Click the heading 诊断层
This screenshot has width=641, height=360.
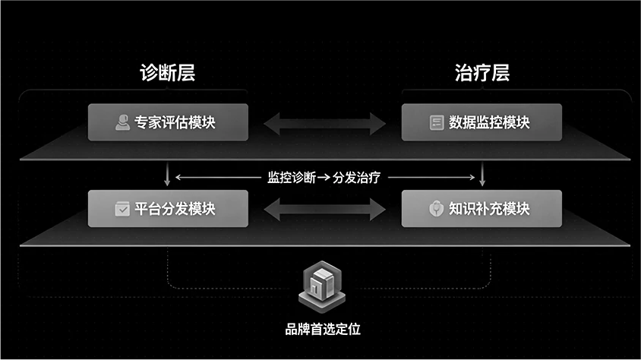tap(167, 74)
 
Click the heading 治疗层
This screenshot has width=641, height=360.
tap(482, 74)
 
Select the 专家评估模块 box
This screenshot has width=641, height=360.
tap(168, 122)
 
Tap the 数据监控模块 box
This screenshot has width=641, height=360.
tap(482, 122)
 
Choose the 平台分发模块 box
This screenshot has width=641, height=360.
tap(168, 208)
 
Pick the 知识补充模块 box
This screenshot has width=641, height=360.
tap(482, 208)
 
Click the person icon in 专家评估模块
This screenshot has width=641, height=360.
tap(122, 122)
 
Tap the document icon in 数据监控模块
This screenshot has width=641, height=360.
tap(437, 122)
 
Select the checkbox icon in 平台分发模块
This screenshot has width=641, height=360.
tap(122, 209)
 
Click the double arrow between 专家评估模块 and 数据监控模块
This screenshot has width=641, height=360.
tap(325, 122)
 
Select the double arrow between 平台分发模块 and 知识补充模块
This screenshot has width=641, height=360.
tap(325, 208)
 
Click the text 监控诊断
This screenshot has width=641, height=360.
tap(290, 178)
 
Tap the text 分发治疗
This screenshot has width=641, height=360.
tap(356, 178)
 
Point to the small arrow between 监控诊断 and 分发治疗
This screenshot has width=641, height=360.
tap(323, 178)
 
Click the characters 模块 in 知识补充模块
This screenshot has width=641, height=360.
tap(516, 208)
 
